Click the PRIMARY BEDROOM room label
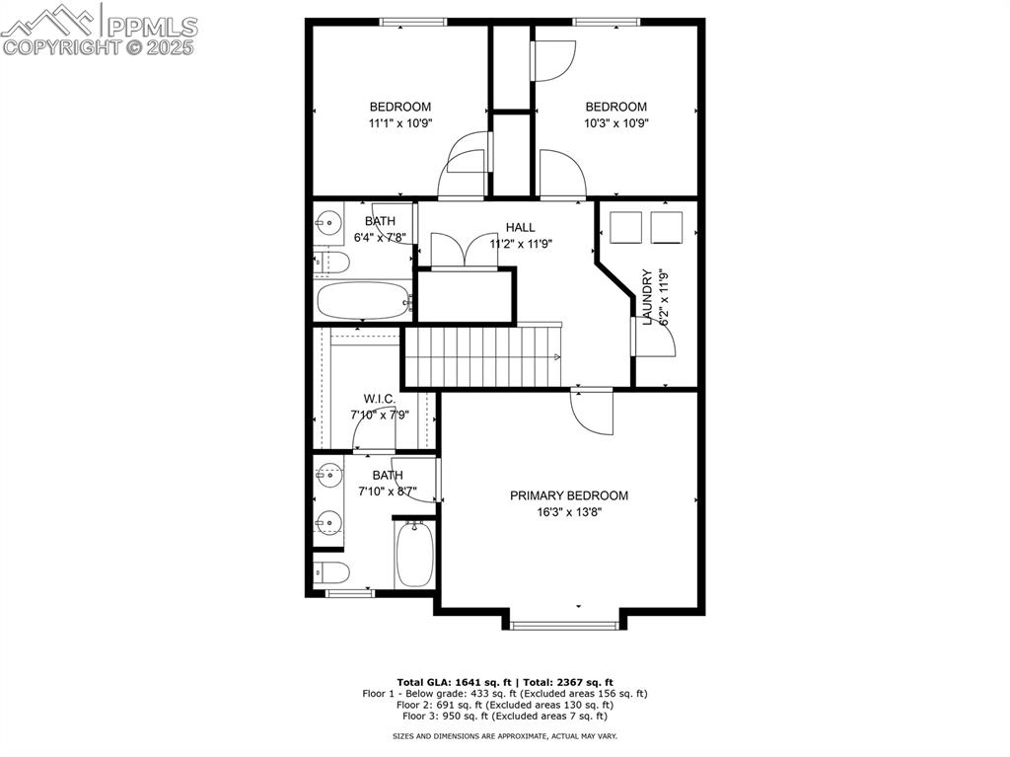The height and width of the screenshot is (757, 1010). coord(568,495)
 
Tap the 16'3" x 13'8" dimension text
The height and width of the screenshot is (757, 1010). coord(568,512)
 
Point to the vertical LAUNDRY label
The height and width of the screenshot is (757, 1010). coord(648,297)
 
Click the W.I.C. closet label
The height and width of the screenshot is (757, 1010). coord(380,399)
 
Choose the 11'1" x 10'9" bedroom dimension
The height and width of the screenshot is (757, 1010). coord(399,123)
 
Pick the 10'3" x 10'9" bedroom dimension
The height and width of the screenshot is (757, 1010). coord(615,123)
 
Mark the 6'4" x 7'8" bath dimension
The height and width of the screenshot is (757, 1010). coord(380,238)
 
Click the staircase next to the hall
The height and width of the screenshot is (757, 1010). coord(483,356)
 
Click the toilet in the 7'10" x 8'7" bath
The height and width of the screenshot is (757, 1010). coord(330,571)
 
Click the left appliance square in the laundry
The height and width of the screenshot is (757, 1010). coord(626,228)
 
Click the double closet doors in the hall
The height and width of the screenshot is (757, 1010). coord(466,251)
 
